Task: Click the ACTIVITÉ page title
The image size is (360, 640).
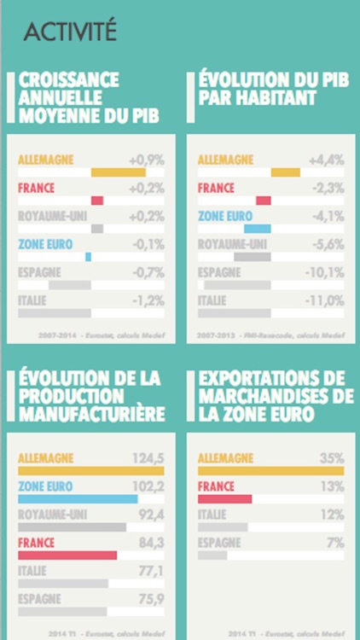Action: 70,32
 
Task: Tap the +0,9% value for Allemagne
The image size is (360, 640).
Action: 146,160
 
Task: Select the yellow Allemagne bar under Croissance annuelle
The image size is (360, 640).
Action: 119,172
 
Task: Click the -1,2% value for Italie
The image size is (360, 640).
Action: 148,300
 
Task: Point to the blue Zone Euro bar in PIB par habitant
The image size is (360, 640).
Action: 257,229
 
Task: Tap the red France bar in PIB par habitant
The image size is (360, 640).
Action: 263,201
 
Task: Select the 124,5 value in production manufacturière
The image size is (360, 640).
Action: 148,458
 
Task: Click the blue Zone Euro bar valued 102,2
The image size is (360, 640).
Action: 78,499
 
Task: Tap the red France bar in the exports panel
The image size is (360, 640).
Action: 224,499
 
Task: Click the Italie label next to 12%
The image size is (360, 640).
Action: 212,515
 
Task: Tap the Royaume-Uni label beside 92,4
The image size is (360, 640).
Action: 52,515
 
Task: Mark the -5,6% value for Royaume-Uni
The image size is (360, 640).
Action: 327,244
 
